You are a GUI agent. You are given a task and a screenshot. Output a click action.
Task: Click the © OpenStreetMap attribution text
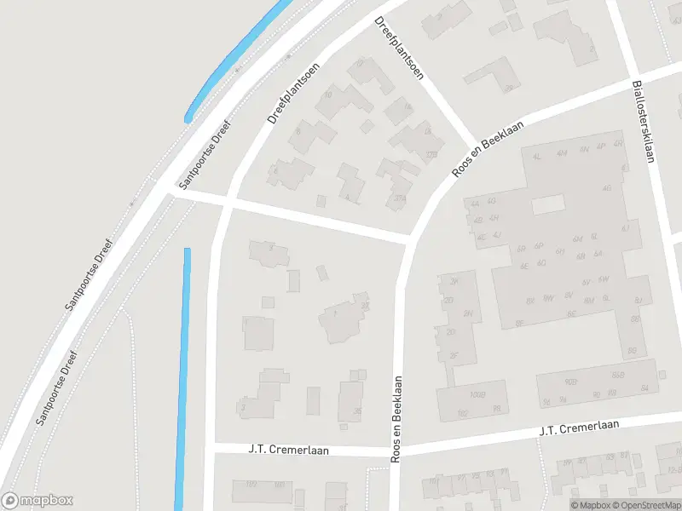click(639, 505)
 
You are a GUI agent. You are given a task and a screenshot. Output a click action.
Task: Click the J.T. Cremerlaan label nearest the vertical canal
click(288, 449)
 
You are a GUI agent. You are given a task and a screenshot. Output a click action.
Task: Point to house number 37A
click(401, 198)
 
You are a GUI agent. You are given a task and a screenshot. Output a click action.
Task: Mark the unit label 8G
click(632, 351)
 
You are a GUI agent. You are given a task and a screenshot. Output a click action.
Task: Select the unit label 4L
click(537, 157)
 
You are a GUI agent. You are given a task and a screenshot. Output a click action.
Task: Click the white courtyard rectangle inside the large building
click(548, 204)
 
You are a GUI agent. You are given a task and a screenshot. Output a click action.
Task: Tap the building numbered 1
click(341, 317)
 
